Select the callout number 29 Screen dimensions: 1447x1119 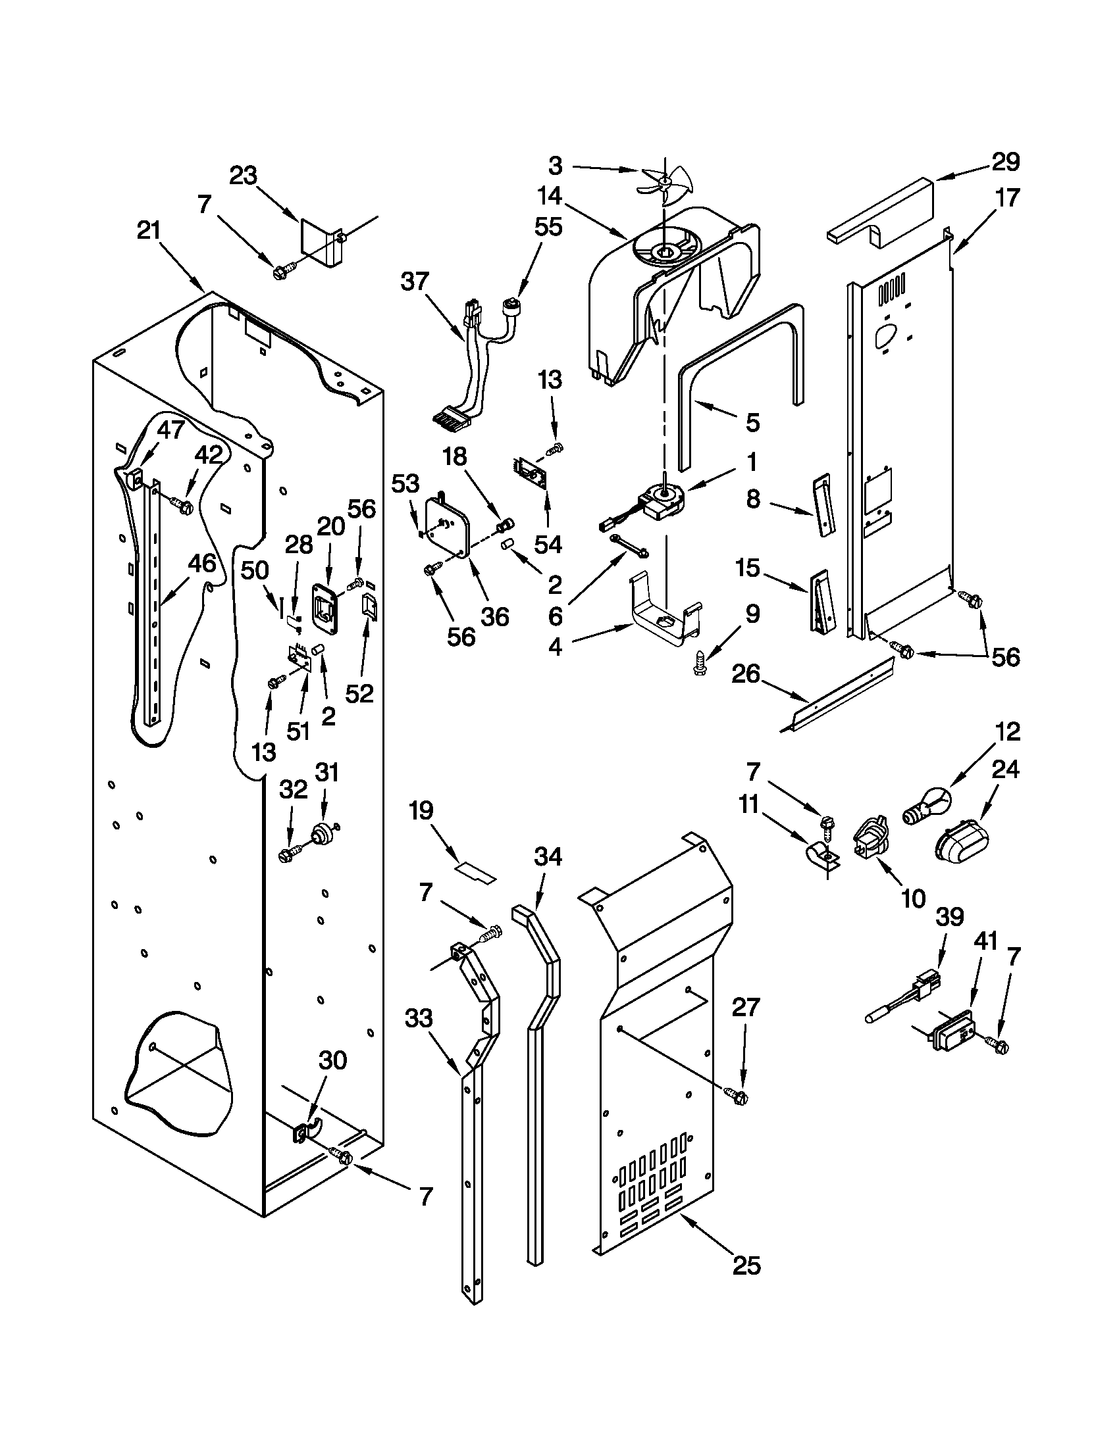coord(1006,162)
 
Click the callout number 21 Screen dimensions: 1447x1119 coord(149,232)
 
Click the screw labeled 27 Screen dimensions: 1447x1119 coord(737,1096)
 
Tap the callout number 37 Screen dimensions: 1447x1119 coord(415,282)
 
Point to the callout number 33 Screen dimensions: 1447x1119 coord(419,1018)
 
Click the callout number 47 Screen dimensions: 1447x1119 coord(170,430)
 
